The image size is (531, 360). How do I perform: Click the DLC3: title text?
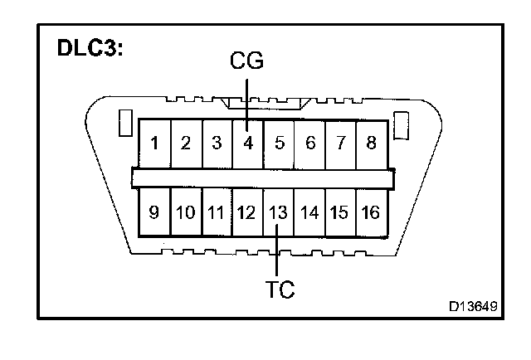tap(90, 48)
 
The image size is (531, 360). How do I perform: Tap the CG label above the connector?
tap(246, 62)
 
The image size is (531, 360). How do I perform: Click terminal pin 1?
tap(154, 143)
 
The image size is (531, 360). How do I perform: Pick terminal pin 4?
tap(247, 143)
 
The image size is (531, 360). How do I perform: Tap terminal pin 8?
tap(371, 143)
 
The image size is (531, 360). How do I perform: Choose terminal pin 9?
tap(154, 212)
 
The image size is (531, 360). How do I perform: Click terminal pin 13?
tap(278, 212)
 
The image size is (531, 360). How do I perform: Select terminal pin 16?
tap(371, 212)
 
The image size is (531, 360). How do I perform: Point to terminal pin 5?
tap(279, 143)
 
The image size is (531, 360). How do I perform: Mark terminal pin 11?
tap(216, 212)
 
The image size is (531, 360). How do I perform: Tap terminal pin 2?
tap(186, 143)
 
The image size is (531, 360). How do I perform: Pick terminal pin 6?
tap(309, 143)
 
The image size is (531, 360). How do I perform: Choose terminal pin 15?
tap(339, 212)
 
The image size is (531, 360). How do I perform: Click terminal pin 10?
tap(185, 212)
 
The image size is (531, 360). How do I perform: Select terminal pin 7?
tap(340, 143)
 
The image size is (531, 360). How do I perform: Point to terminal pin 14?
tap(309, 212)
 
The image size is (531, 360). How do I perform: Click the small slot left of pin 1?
tap(124, 124)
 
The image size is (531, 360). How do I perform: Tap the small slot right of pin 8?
tap(402, 124)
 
